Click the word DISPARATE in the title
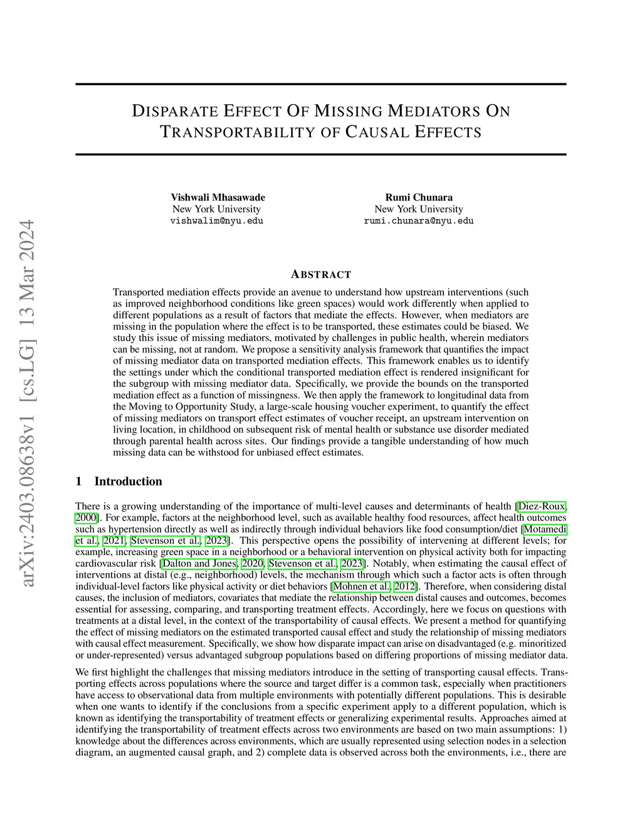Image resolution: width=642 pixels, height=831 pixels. coord(167,112)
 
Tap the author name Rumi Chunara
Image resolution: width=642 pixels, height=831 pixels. coord(419,198)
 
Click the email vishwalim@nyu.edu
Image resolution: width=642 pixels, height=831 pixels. coord(217,221)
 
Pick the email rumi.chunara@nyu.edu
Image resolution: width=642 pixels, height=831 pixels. coord(419,221)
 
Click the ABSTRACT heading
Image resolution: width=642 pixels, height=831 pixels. coord(321,275)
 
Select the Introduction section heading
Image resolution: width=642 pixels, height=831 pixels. coord(128,482)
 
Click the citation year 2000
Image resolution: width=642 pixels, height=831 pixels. coord(86,517)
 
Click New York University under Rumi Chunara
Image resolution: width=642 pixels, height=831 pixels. coord(419,209)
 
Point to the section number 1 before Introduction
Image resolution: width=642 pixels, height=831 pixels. coord(78,482)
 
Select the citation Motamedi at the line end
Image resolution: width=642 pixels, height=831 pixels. coord(545,529)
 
